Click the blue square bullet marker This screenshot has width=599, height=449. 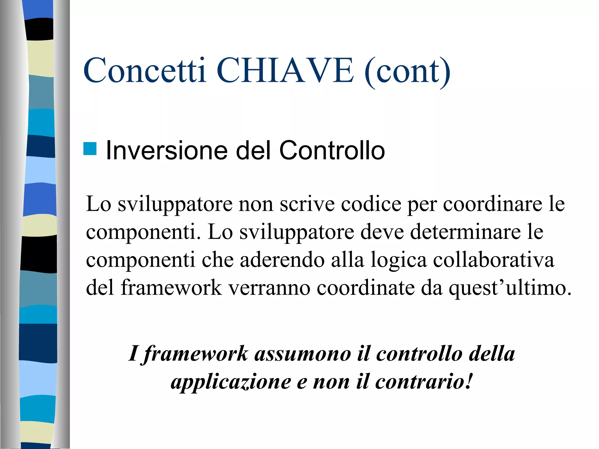tap(90, 148)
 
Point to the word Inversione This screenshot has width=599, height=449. tap(166, 151)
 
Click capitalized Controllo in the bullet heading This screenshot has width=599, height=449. tap(332, 151)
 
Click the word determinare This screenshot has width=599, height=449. tap(465, 232)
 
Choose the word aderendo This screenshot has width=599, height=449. tap(282, 260)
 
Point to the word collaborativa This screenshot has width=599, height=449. tap(493, 260)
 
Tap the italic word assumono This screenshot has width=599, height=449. tap(303, 354)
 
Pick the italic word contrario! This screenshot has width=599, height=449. tap(424, 382)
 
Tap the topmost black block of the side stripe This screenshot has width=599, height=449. tap(39, 29)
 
